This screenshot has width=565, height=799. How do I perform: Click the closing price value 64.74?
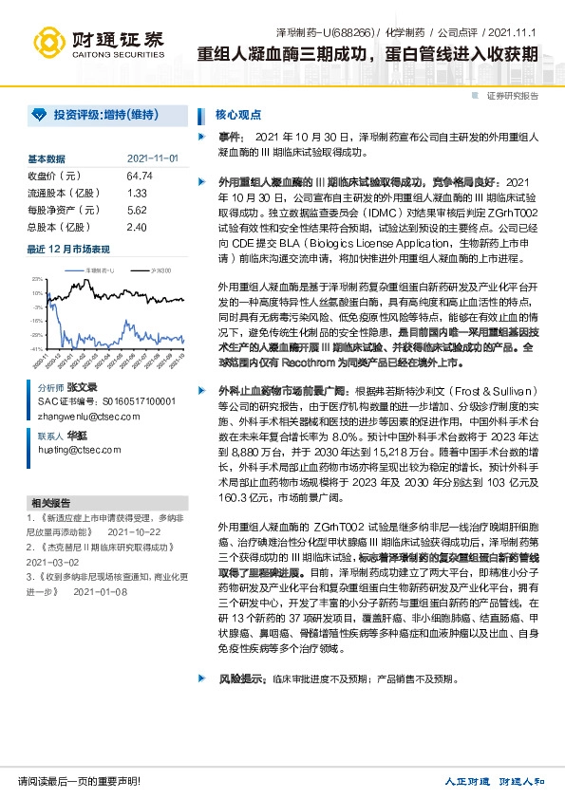[x=139, y=176]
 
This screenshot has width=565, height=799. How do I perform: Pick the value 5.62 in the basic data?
[x=136, y=210]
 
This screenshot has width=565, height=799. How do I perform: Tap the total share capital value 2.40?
[x=136, y=227]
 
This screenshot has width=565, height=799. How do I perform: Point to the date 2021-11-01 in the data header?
[x=152, y=158]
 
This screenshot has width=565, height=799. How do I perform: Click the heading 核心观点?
[x=238, y=115]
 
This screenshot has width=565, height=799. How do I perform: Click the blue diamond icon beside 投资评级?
[x=38, y=115]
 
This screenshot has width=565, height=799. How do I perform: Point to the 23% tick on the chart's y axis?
[x=37, y=279]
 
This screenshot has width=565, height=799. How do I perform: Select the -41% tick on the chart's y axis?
[x=37, y=349]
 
